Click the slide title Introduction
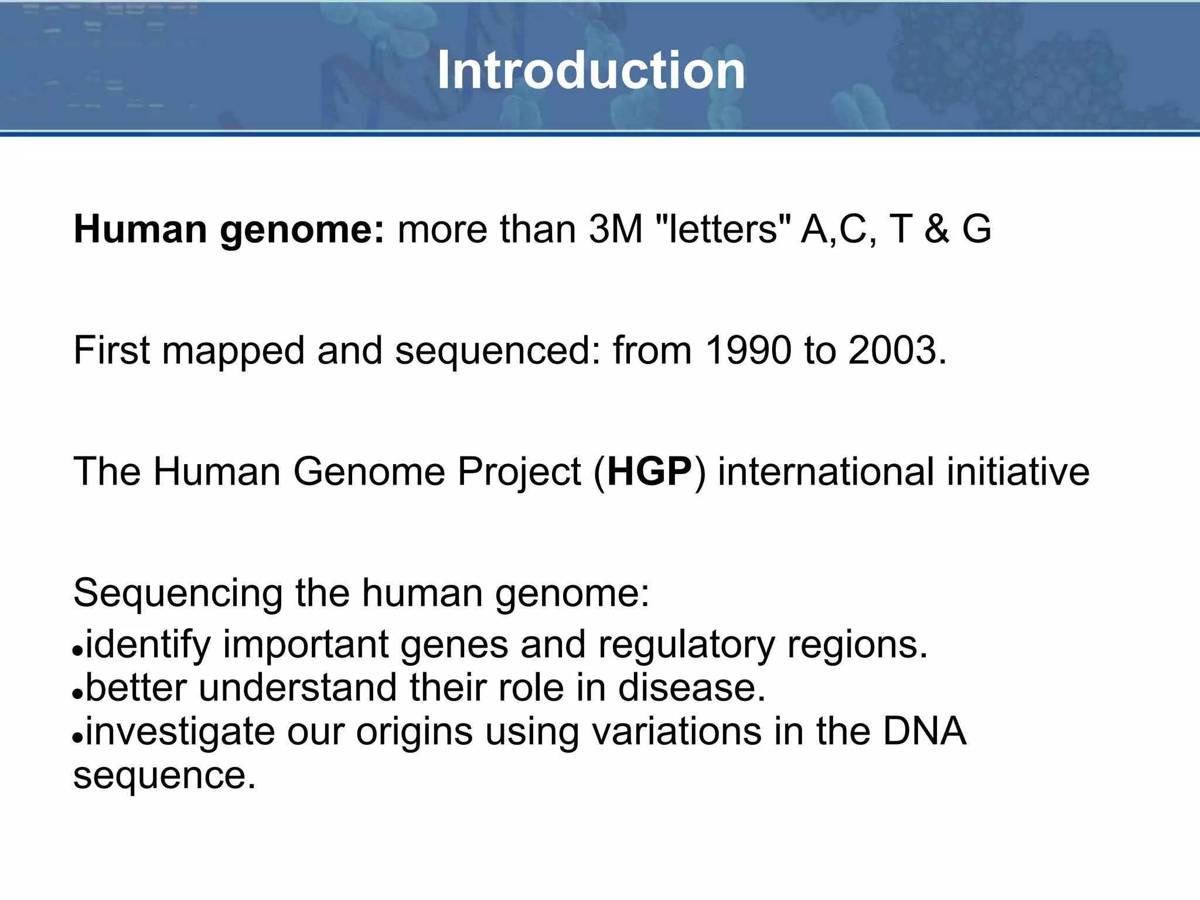tap(591, 70)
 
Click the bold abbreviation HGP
tap(650, 472)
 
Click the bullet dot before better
tap(78, 694)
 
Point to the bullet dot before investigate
tap(78, 738)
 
